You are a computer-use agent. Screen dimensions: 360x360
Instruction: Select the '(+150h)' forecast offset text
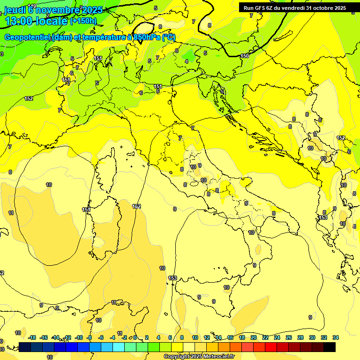coord(83,21)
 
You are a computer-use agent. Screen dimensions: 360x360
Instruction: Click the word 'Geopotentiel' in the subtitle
coord(28,37)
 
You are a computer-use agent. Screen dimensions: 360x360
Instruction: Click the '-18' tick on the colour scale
coord(32,337)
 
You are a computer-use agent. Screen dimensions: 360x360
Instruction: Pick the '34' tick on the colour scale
coord(336,337)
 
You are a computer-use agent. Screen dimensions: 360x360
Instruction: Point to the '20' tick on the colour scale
coord(254,337)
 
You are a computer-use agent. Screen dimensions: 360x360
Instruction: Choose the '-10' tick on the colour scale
coord(79,337)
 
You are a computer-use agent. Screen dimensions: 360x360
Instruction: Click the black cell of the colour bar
coord(330,347)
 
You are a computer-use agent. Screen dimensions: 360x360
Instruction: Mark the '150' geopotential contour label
coord(245,56)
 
